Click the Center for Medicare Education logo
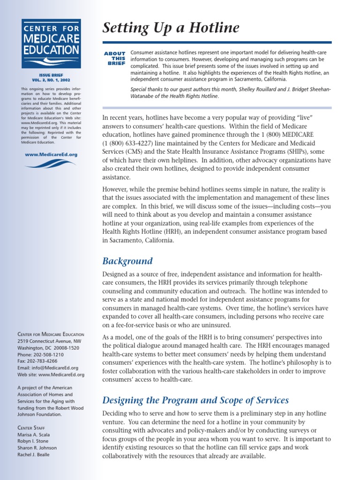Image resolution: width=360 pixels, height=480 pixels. pyautogui.click(x=51, y=43)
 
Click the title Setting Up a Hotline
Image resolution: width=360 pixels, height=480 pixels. pyautogui.click(x=171, y=29)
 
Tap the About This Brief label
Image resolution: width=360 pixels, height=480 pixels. pyautogui.click(x=115, y=58)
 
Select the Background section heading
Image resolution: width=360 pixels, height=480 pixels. pyautogui.click(x=127, y=261)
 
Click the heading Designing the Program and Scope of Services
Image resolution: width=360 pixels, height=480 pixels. pyautogui.click(x=195, y=400)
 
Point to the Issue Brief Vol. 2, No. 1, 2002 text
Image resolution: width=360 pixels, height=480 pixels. pyautogui.click(x=51, y=77)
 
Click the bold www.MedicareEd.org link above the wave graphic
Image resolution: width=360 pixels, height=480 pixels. pyautogui.click(x=51, y=154)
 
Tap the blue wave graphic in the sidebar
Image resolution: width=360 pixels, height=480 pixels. pyautogui.click(x=51, y=164)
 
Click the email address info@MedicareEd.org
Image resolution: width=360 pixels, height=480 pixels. pyautogui.click(x=56, y=368)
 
